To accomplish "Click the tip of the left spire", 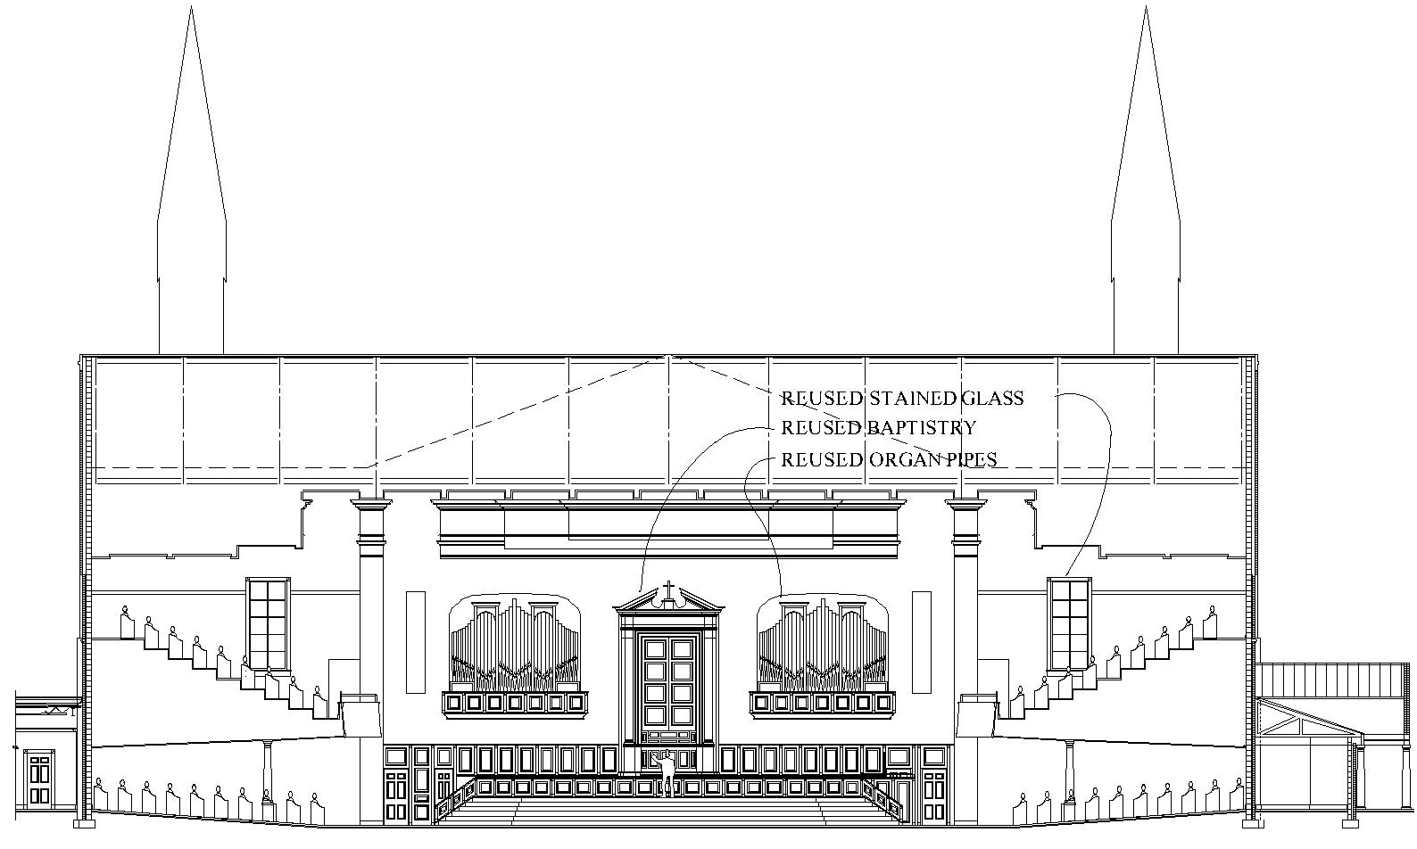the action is pyautogui.click(x=191, y=9).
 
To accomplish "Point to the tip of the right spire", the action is pyautogui.click(x=1146, y=9).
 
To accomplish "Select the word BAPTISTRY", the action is pyautogui.click(x=921, y=428).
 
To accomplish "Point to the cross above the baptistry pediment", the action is pyautogui.click(x=668, y=590).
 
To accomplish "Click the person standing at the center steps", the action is pyautogui.click(x=666, y=772).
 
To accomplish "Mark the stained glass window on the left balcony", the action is pyautogui.click(x=268, y=623).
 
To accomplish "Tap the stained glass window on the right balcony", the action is pyautogui.click(x=1070, y=623).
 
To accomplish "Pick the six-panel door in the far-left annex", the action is pyautogui.click(x=38, y=779).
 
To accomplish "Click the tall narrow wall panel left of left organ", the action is pyautogui.click(x=416, y=642).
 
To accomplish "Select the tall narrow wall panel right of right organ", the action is pyautogui.click(x=922, y=642).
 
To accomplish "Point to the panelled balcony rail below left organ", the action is pyautogui.click(x=515, y=703).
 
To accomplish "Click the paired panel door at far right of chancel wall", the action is pyautogui.click(x=934, y=786).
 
